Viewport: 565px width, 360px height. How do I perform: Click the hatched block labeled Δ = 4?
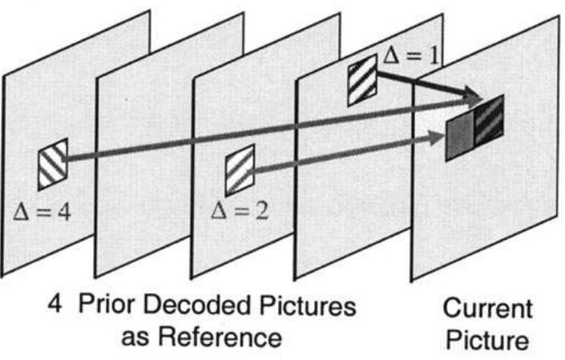click(x=53, y=164)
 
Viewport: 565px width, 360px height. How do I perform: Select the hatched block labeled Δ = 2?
click(x=240, y=169)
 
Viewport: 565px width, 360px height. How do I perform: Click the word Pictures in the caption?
click(x=311, y=307)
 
